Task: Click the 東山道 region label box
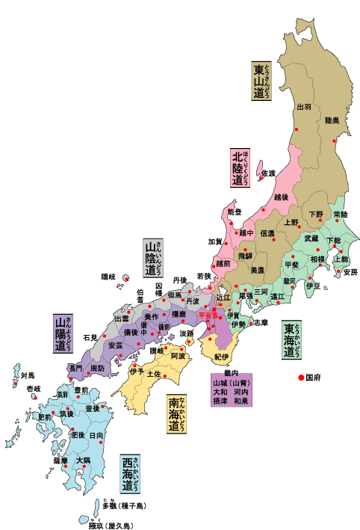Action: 261,81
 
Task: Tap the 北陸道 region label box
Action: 240,167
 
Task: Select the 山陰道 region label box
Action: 153,259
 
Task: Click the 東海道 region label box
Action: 292,342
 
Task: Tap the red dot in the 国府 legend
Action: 302,378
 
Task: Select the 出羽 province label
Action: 304,108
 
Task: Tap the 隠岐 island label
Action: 109,277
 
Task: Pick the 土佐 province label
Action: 155,372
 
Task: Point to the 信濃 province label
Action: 267,234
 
